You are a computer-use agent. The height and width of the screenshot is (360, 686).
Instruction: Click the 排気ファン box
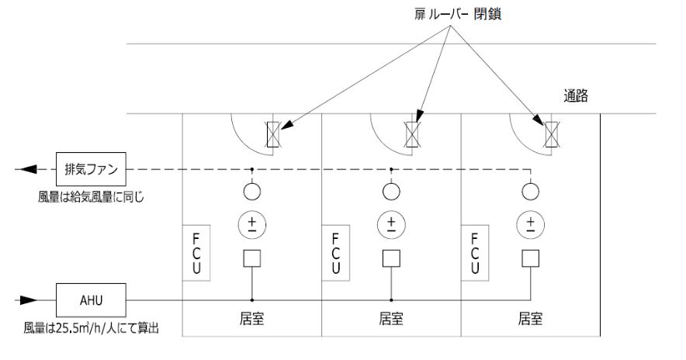(92, 168)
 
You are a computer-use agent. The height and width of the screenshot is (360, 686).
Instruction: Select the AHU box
(92, 297)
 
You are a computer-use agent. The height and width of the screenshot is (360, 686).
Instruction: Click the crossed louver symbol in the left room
(273, 133)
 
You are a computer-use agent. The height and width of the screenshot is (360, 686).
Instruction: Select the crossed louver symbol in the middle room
(412, 133)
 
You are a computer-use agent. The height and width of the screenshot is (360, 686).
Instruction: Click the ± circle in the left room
(251, 225)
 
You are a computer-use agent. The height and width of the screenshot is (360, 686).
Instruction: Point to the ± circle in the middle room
(391, 225)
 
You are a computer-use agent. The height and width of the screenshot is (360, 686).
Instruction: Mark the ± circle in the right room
(531, 225)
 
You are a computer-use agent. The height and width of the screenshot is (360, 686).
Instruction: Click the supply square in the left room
(251, 258)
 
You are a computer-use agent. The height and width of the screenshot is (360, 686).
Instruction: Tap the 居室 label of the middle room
(391, 318)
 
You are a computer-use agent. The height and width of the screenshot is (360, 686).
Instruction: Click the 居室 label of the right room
(531, 318)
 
